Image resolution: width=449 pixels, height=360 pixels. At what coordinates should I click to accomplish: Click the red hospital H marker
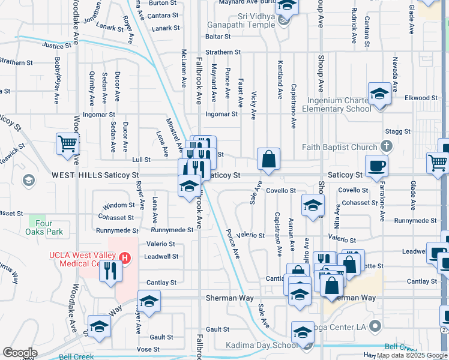125,259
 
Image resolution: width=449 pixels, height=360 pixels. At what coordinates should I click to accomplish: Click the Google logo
20,353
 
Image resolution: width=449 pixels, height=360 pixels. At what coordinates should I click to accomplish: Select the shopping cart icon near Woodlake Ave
68,144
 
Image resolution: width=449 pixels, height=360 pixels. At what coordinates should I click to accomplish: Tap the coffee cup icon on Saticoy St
376,166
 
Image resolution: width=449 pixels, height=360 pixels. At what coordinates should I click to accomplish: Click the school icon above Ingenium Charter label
380,95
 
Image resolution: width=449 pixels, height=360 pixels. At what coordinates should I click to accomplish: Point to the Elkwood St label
421,98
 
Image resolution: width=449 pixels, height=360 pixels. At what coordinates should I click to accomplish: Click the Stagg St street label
399,131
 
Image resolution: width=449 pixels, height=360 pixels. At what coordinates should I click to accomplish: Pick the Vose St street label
148,349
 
